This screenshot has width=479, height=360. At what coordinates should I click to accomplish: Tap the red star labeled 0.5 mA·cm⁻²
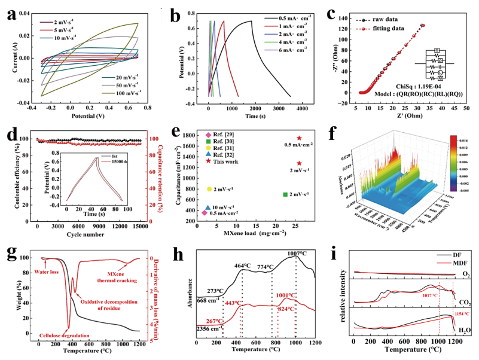click(x=299, y=139)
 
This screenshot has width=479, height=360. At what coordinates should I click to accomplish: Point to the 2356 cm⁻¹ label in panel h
click(x=209, y=328)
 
